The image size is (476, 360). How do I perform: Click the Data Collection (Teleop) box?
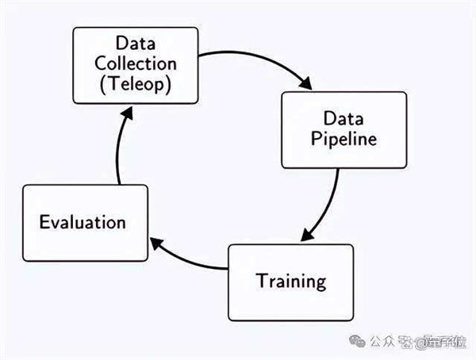pos(134,65)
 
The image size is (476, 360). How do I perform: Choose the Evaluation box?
pos(85,223)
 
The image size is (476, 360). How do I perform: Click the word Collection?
pos(134,64)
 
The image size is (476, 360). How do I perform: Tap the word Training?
pos(290,281)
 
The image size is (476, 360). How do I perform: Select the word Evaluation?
pos(83,222)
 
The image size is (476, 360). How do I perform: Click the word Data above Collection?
pos(134,42)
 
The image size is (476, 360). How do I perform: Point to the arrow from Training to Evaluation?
pos(190,262)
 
